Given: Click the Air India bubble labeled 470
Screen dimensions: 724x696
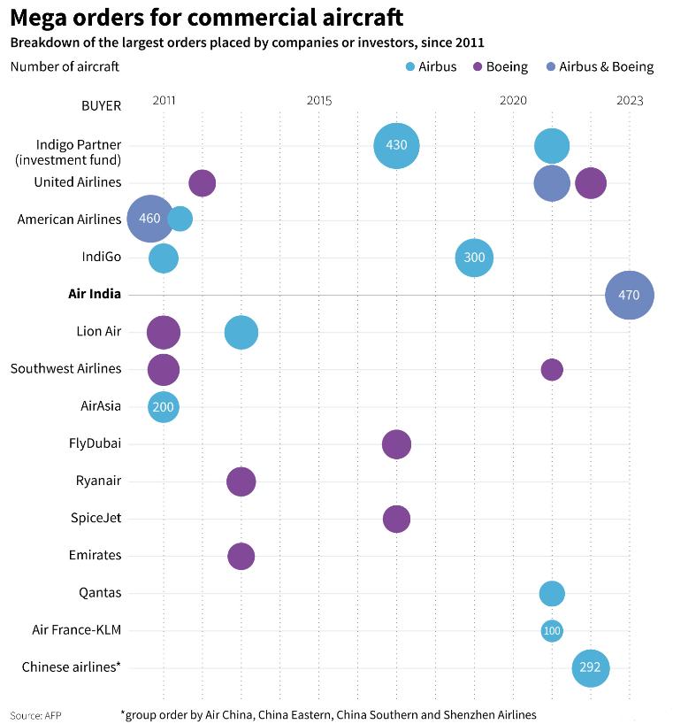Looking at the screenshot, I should coord(629,295).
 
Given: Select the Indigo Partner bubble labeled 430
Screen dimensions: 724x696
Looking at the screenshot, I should coord(396,145).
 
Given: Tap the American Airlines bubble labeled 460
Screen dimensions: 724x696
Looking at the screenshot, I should coord(150,219).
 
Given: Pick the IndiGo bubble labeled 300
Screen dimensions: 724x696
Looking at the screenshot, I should coord(474,258).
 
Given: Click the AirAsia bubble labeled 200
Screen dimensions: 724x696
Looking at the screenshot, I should coord(164,407).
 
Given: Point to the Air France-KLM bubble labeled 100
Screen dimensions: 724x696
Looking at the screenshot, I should coord(552,630).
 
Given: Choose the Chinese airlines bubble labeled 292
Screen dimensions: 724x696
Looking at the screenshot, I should coord(591,667).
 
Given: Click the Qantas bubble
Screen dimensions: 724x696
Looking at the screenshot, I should coord(552,593).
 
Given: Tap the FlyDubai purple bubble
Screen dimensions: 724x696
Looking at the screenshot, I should coord(396,444).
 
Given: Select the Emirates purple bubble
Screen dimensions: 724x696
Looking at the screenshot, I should coord(241,556).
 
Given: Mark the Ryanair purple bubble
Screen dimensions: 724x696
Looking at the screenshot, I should coord(241,481).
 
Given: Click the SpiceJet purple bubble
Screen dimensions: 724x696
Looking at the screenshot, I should coord(396,519).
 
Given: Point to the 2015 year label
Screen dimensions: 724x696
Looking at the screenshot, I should coord(319,101).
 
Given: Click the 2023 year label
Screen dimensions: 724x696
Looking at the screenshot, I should coord(630,101).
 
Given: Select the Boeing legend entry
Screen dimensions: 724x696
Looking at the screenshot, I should coord(501,66).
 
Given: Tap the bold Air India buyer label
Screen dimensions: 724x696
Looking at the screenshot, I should coord(95,294).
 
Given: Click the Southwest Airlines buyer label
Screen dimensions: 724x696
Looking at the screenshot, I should coord(65,368).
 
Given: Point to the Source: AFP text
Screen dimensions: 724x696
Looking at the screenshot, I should coord(36,714).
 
